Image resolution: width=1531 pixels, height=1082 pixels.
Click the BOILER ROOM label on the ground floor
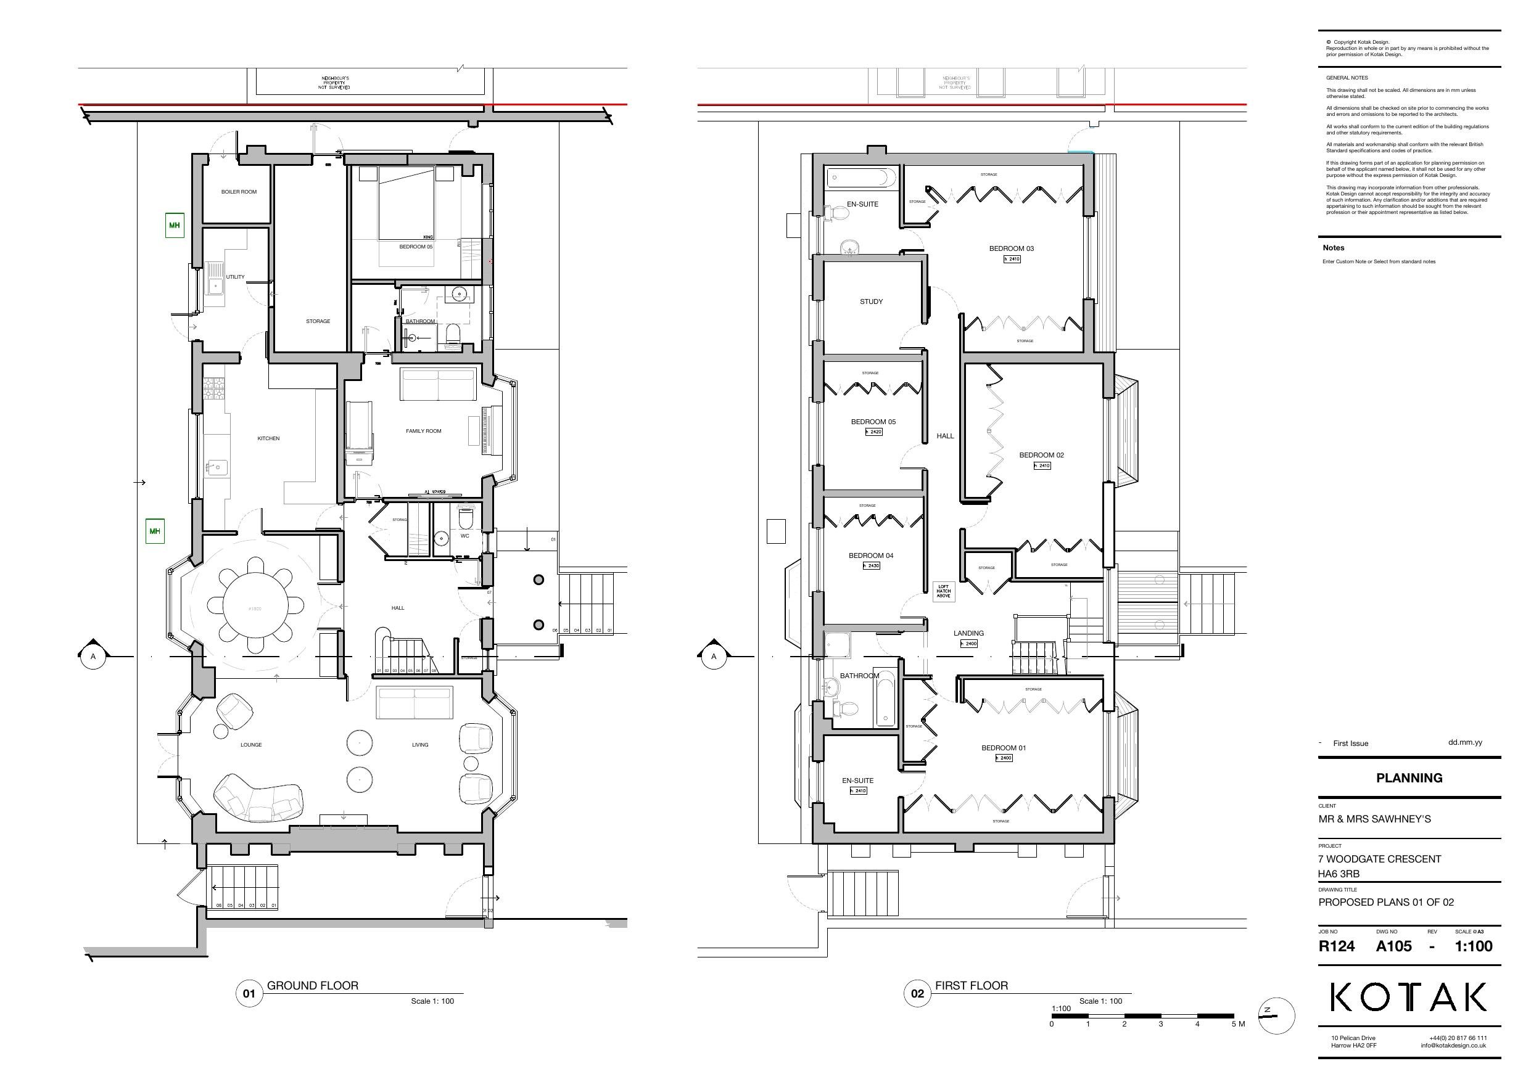(239, 192)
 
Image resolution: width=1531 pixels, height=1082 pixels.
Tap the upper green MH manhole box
(174, 225)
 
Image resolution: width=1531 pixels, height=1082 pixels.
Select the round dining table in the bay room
(255, 606)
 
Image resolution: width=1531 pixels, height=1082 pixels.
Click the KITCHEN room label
(268, 439)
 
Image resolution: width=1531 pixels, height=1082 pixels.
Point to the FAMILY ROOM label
(423, 432)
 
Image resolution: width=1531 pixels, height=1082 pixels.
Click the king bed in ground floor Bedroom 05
(406, 203)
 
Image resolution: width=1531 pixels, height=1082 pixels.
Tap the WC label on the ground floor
(464, 536)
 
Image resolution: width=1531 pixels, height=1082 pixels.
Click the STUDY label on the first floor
(871, 302)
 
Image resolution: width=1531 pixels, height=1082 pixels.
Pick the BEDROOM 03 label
(1011, 248)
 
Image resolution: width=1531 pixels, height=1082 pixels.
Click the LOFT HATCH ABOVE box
(943, 591)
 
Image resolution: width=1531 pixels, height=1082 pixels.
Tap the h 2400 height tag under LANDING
(968, 644)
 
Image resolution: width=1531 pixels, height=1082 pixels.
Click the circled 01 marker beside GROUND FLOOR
(249, 994)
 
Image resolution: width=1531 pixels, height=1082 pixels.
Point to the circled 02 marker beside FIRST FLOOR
(917, 994)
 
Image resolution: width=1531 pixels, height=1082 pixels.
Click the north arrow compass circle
(1276, 1016)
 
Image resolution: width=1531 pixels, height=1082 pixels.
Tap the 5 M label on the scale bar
(1237, 1024)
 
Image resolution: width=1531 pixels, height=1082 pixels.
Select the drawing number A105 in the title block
(1393, 946)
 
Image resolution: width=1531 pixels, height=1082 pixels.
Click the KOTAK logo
(1408, 998)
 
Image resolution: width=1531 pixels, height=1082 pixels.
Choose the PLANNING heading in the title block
(1409, 778)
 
